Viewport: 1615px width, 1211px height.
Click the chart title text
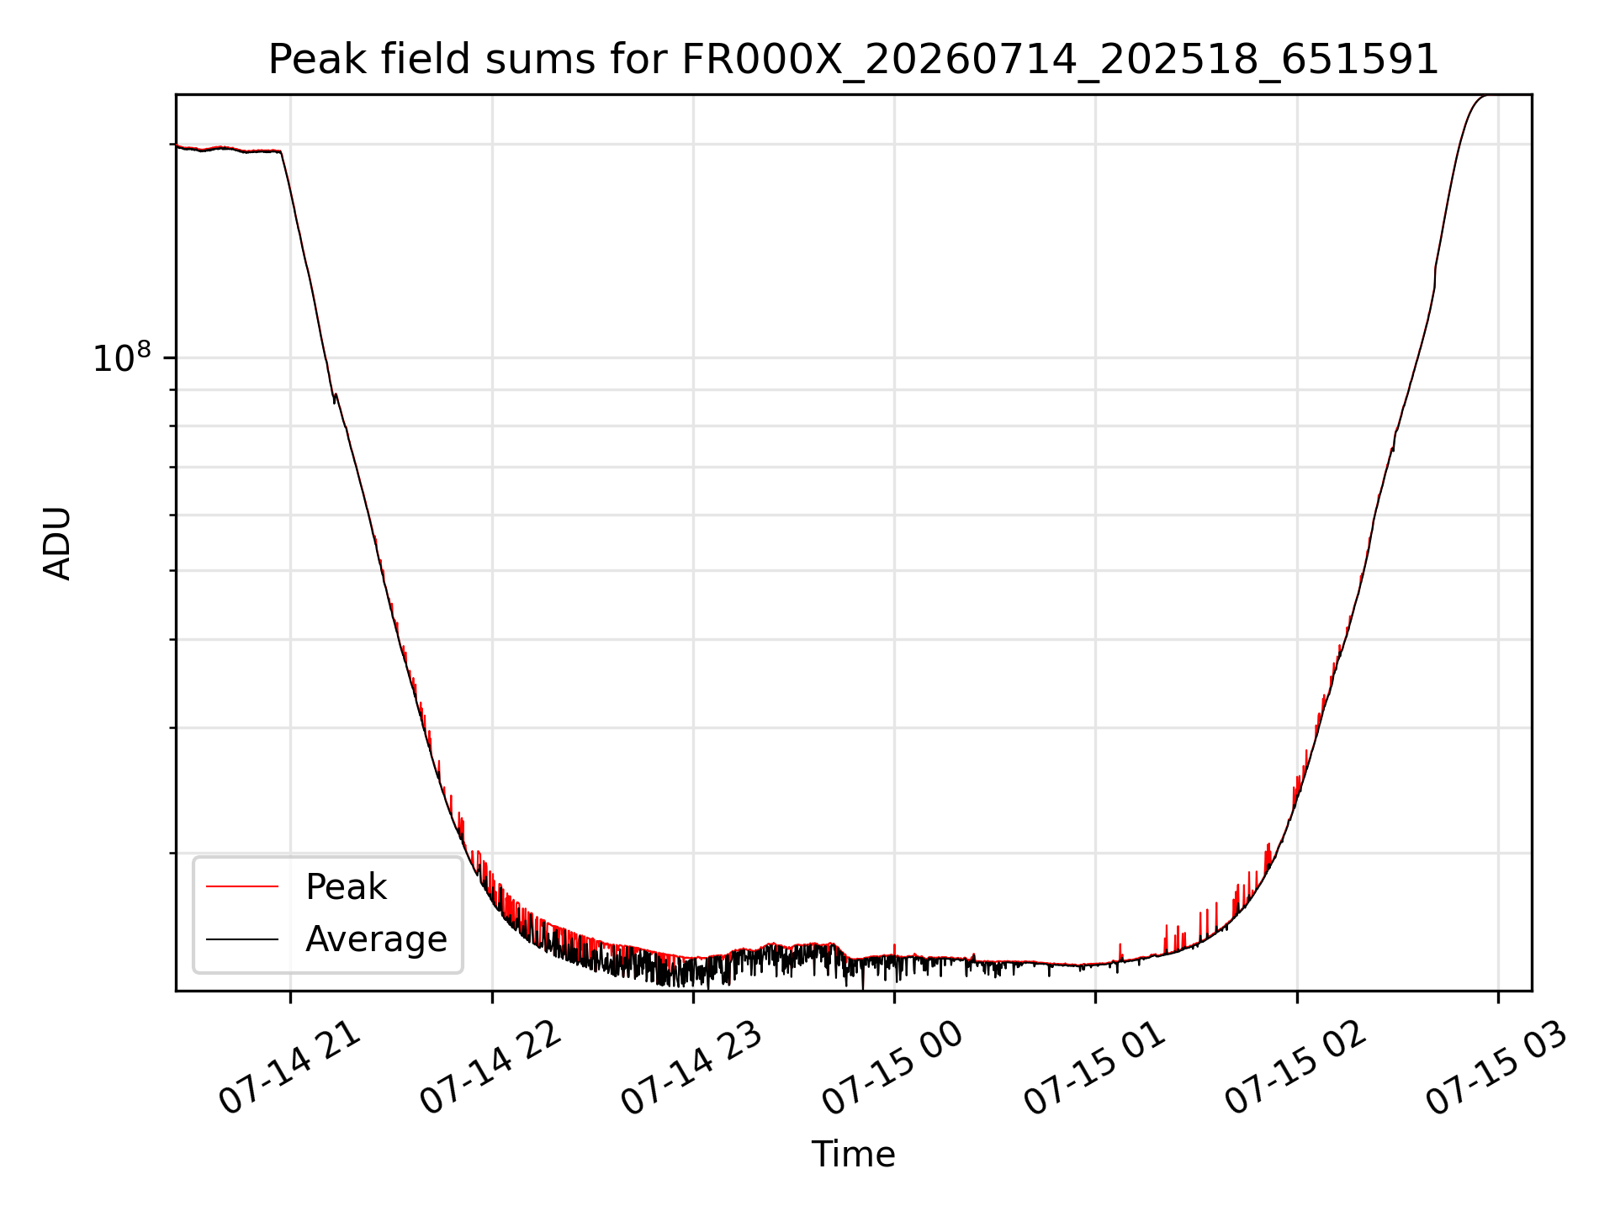pyautogui.click(x=854, y=61)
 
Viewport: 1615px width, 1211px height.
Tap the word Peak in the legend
pyautogui.click(x=346, y=887)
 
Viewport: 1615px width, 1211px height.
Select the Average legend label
pyautogui.click(x=376, y=939)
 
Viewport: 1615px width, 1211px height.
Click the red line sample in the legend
pyautogui.click(x=242, y=886)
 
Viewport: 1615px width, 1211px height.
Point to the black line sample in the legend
pyautogui.click(x=242, y=939)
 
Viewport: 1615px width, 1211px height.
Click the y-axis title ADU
pyautogui.click(x=57, y=543)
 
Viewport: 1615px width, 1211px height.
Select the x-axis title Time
pyautogui.click(x=853, y=1155)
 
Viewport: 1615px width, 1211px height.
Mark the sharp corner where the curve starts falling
pyautogui.click(x=281, y=152)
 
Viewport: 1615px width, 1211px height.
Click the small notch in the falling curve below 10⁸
pyautogui.click(x=335, y=398)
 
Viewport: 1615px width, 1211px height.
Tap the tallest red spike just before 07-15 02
pyautogui.click(x=1268, y=844)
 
